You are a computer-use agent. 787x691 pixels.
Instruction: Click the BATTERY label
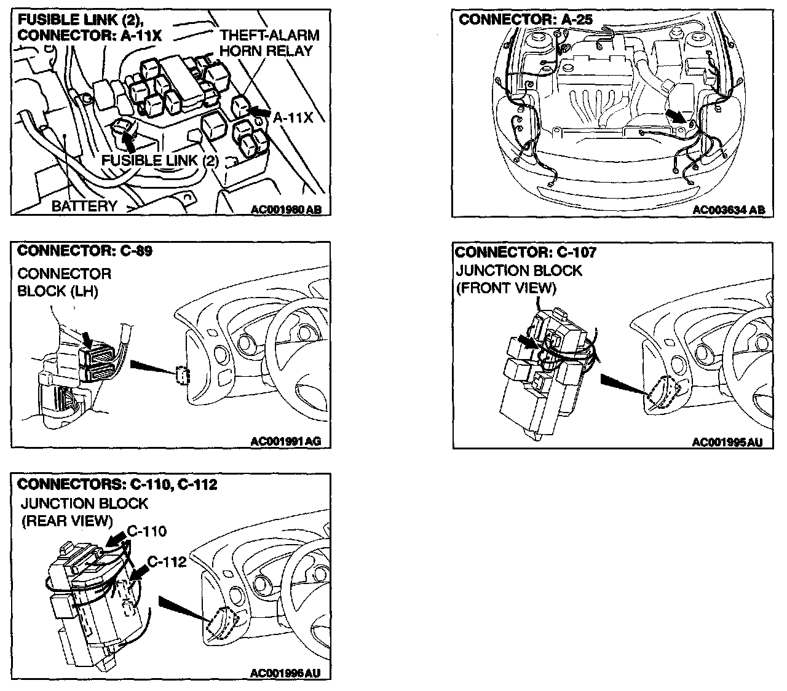click(84, 206)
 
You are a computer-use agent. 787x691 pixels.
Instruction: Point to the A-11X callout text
click(293, 117)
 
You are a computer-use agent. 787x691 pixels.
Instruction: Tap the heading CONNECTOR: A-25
click(526, 19)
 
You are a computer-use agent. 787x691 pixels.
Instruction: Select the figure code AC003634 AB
click(729, 210)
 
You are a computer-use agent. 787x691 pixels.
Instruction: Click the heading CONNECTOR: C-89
click(85, 251)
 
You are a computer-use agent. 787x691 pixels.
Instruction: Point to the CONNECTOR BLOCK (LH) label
click(65, 282)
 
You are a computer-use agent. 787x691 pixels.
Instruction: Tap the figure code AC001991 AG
click(286, 441)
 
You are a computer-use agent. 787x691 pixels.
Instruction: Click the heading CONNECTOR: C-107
click(526, 252)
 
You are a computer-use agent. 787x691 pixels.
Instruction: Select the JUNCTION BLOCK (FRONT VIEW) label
click(518, 279)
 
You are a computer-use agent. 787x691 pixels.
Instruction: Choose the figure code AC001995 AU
click(723, 441)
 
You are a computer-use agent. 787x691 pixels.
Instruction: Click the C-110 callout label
click(147, 531)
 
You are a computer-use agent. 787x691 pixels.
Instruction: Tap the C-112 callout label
click(167, 562)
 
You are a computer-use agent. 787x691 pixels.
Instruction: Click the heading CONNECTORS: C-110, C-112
click(117, 484)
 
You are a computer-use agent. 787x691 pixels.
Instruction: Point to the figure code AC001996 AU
click(286, 674)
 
